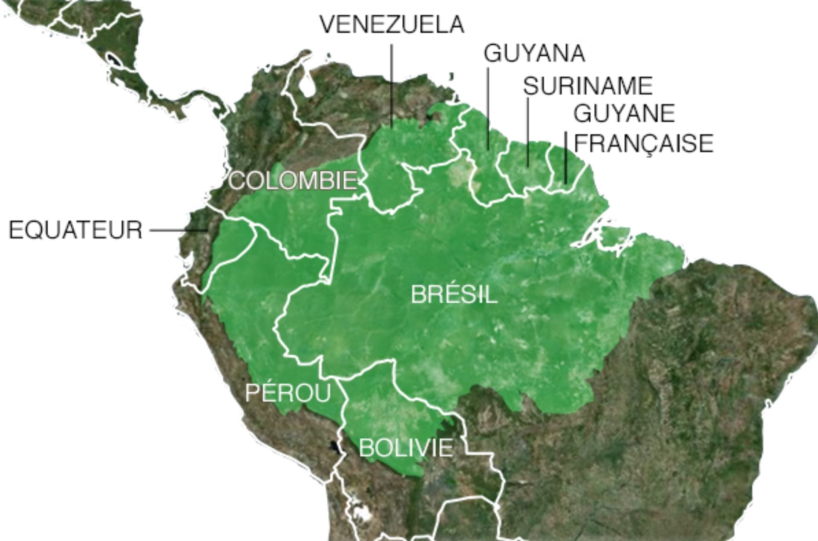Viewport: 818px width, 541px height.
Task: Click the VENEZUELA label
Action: (392, 24)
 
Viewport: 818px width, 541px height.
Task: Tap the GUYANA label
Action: (534, 54)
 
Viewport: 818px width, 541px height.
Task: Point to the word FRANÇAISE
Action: (643, 144)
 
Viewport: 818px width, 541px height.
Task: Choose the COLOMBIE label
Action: (293, 181)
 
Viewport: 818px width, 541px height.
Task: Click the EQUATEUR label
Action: (75, 230)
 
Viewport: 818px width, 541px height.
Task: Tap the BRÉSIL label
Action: (454, 294)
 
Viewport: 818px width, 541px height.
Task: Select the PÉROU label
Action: (288, 392)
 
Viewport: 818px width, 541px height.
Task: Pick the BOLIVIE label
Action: (406, 448)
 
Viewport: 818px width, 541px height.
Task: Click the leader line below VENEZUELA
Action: (392, 85)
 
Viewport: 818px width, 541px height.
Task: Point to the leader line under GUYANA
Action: (488, 106)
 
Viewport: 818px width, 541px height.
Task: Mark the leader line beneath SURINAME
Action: (528, 132)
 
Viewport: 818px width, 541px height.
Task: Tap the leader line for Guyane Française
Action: (566, 158)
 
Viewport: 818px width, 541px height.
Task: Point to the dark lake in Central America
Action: (113, 59)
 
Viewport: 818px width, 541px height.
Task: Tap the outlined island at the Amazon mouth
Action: (613, 236)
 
